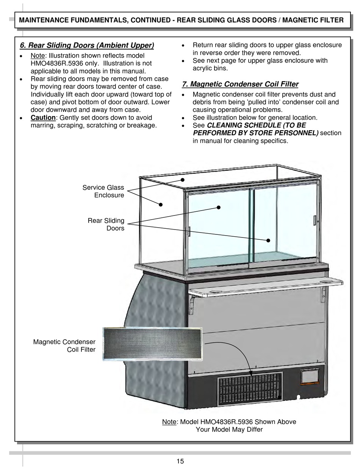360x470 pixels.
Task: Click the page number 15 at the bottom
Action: (x=180, y=461)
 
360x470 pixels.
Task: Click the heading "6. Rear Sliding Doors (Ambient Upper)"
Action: (x=87, y=46)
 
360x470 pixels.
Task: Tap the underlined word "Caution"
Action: (x=43, y=118)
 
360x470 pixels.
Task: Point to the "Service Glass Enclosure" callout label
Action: (x=103, y=191)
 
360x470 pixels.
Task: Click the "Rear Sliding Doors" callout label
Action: (x=106, y=224)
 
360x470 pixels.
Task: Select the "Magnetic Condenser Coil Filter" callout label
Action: (x=64, y=346)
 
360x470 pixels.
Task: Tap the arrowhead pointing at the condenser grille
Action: (x=250, y=373)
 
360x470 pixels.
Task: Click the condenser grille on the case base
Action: (x=250, y=387)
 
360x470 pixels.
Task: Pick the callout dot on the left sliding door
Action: (x=219, y=207)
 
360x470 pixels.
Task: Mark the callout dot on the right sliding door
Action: (x=268, y=240)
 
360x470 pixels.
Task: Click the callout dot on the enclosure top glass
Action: (x=182, y=180)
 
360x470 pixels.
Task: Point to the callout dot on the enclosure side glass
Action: (x=161, y=205)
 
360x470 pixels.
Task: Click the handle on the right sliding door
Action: (x=314, y=221)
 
